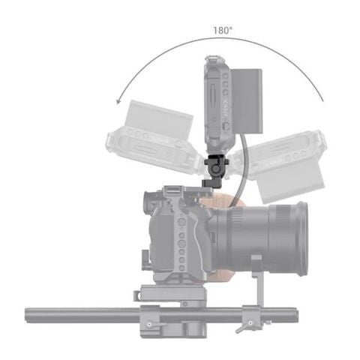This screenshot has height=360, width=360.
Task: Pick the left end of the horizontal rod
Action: [30, 309]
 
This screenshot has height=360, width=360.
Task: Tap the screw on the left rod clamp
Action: [148, 324]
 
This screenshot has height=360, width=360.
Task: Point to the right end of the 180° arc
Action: [323, 101]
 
